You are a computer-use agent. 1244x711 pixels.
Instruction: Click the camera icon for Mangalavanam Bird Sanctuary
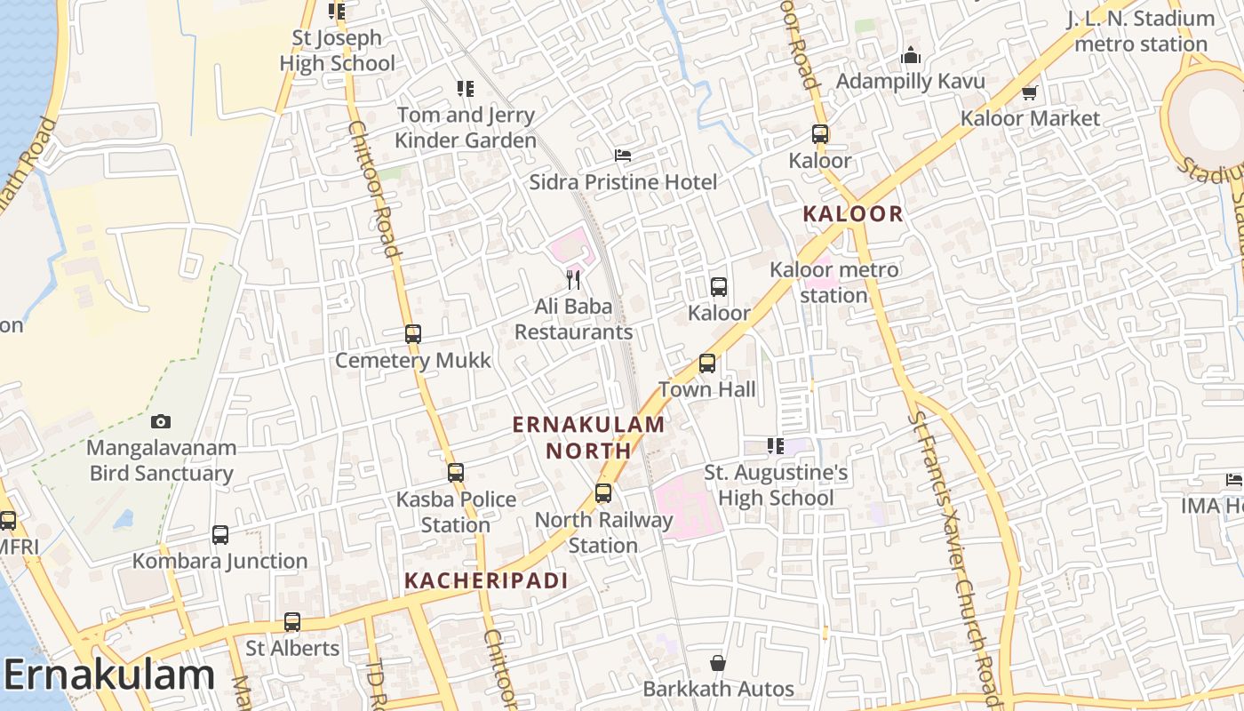(161, 421)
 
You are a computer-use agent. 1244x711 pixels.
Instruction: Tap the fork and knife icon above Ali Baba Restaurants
(573, 280)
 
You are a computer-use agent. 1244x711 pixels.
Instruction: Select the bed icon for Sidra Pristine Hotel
(623, 155)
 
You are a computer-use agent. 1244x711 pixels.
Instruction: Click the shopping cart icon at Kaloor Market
(1030, 92)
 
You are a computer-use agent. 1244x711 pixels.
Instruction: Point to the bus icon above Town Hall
(707, 363)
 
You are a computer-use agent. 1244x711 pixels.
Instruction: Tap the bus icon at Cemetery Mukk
(413, 334)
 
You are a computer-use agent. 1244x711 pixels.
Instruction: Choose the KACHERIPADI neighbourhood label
(485, 580)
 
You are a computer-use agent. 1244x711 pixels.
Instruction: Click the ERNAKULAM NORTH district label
(588, 437)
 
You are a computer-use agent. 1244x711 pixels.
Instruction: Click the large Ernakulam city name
(109, 675)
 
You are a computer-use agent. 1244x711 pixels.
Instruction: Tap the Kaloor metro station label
(833, 282)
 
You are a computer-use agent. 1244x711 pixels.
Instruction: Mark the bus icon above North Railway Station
(603, 492)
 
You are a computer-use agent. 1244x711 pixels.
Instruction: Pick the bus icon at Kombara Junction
(220, 535)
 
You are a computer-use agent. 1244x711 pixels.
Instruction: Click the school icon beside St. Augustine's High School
(776, 446)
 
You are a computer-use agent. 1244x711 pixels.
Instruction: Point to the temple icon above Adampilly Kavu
(911, 56)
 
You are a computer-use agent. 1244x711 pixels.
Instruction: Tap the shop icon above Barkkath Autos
(718, 663)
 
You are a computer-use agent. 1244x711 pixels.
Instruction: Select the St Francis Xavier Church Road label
(955, 551)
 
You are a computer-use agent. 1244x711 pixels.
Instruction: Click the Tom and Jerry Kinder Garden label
(466, 127)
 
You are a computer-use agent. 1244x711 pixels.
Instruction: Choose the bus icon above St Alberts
(292, 622)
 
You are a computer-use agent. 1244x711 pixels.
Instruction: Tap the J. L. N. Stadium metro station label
(1141, 31)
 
